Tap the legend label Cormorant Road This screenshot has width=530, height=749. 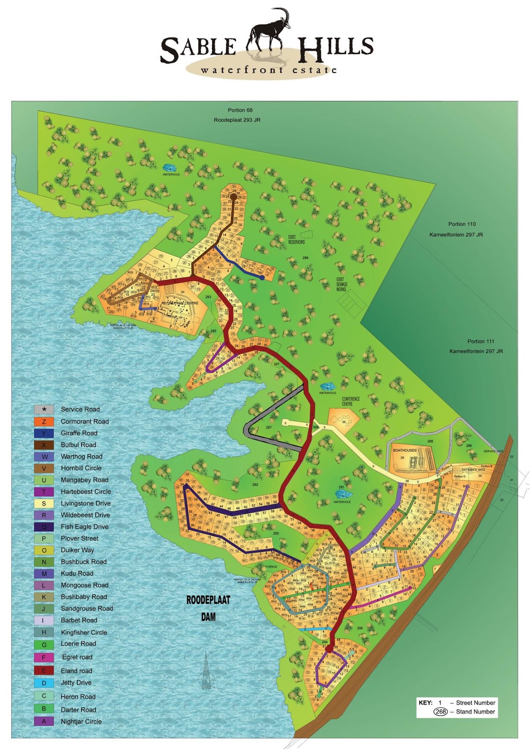[84, 421]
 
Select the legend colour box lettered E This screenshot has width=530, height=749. [44, 670]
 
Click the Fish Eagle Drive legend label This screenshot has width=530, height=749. [84, 527]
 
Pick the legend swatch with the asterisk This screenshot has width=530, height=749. [44, 409]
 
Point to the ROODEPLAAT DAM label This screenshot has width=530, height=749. [208, 608]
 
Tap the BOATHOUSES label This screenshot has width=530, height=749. [405, 450]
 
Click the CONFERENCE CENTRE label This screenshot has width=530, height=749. [351, 401]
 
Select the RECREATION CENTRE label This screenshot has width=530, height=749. [180, 303]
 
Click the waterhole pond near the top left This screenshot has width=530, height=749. [170, 168]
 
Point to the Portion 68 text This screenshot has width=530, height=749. [240, 110]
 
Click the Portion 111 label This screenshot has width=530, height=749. [480, 341]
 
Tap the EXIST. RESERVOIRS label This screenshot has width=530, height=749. [296, 240]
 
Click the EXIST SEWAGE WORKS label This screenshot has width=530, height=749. [341, 284]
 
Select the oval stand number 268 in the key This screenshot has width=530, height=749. [441, 712]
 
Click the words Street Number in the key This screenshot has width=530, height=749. [475, 703]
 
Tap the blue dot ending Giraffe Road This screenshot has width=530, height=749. [262, 278]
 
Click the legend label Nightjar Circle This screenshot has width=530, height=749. [81, 721]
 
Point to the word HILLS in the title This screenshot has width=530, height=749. [336, 48]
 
